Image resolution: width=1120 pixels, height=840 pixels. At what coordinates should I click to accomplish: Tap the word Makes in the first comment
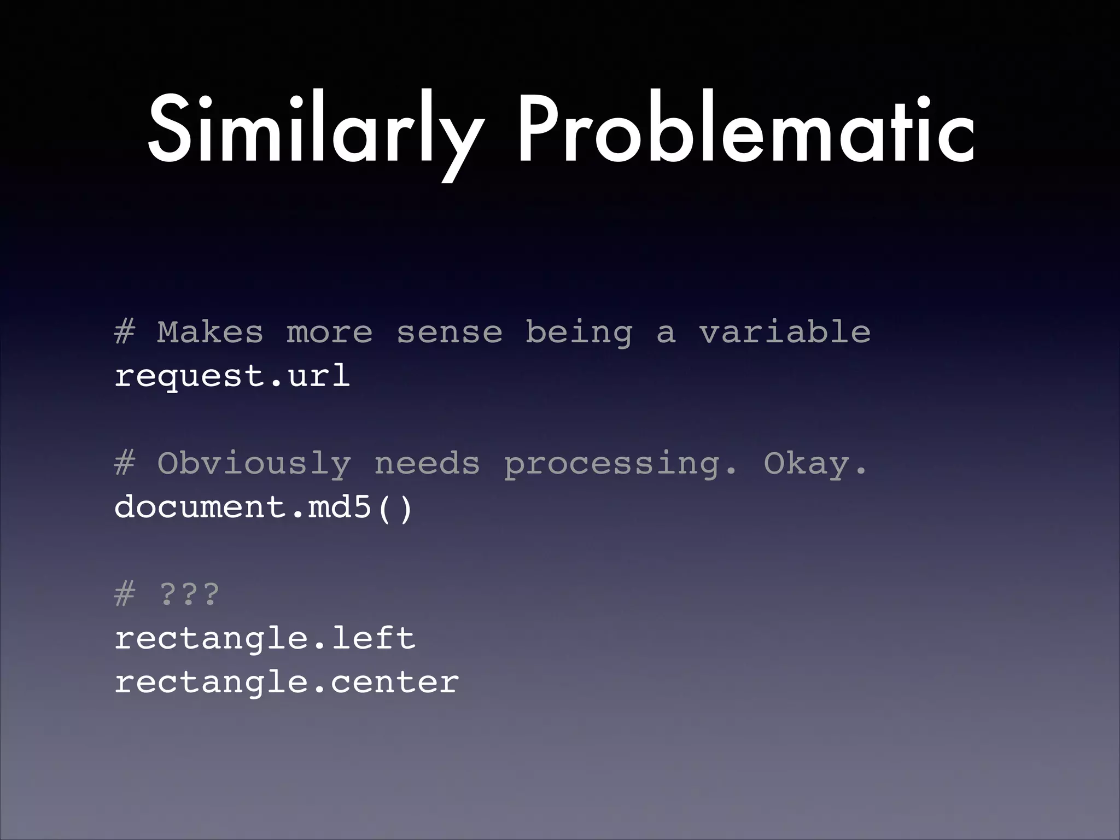click(210, 332)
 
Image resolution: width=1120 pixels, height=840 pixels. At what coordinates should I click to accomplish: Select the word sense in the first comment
click(449, 332)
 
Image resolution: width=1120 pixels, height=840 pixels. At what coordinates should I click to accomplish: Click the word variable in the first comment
click(784, 331)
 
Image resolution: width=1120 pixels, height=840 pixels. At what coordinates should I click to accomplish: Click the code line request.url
click(232, 376)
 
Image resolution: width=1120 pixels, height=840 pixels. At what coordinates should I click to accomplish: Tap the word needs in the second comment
click(427, 464)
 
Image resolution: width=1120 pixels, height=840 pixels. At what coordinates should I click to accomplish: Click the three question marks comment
click(189, 594)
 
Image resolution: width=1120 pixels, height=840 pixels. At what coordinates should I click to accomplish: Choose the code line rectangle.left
click(265, 638)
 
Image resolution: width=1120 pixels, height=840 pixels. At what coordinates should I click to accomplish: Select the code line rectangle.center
click(287, 682)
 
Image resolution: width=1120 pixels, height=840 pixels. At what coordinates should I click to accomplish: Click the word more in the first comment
click(329, 332)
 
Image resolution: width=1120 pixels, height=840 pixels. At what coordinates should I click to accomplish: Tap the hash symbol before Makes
click(124, 332)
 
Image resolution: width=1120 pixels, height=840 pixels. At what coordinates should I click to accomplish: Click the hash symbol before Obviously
click(124, 464)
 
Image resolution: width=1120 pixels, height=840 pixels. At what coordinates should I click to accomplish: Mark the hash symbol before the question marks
click(124, 594)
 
